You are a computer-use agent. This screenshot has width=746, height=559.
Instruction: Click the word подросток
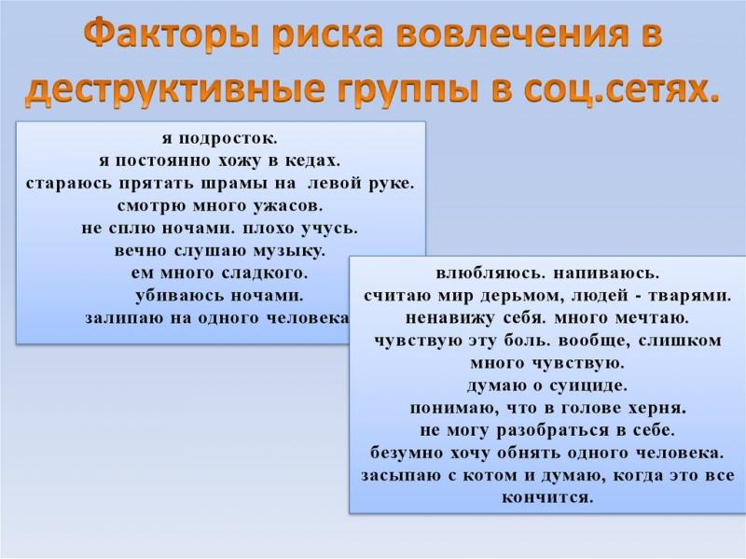228,139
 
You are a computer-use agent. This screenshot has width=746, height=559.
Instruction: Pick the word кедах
312,161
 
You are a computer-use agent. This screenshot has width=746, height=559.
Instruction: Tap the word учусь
330,229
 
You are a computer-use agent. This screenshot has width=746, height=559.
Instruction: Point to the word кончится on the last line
547,497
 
